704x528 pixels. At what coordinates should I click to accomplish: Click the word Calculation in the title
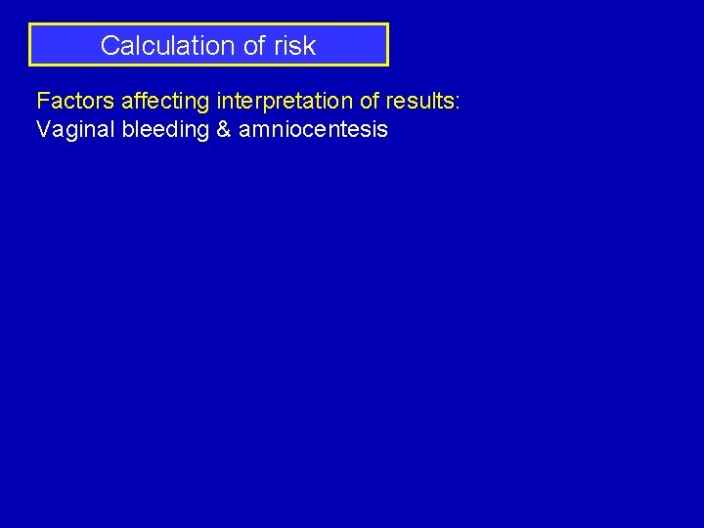pos(162,45)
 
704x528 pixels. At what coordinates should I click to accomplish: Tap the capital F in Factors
pos(42,100)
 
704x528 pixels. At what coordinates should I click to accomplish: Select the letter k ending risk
pos(310,45)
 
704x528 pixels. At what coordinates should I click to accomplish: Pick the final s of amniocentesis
pos(383,129)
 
